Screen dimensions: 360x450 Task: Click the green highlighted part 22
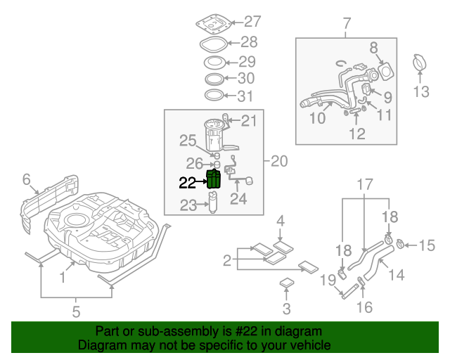pyautogui.click(x=213, y=180)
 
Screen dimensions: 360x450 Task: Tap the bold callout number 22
pyautogui.click(x=188, y=183)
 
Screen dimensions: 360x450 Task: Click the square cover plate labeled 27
pyautogui.click(x=212, y=22)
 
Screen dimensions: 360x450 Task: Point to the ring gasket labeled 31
pyautogui.click(x=215, y=95)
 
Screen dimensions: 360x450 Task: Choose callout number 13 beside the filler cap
pyautogui.click(x=420, y=91)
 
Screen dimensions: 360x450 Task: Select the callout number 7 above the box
pyautogui.click(x=346, y=25)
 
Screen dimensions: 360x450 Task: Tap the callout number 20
pyautogui.click(x=278, y=161)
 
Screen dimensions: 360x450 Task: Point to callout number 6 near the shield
pyautogui.click(x=27, y=180)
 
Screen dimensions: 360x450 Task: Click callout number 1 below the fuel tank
pyautogui.click(x=63, y=278)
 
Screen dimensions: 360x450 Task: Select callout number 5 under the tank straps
pyautogui.click(x=77, y=311)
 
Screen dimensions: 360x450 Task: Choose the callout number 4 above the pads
pyautogui.click(x=280, y=222)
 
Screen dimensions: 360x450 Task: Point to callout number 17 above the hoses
pyautogui.click(x=364, y=186)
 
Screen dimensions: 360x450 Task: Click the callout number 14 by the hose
pyautogui.click(x=396, y=274)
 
